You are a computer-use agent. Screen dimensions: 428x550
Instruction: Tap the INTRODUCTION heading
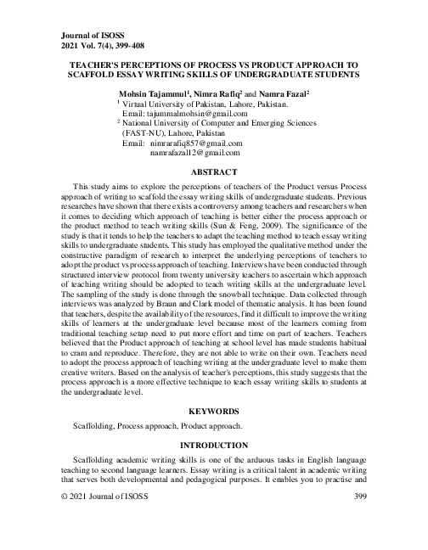click(214, 445)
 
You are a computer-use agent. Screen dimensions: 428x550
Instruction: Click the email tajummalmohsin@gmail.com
click(175, 114)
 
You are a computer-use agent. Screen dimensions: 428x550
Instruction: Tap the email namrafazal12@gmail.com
click(194, 153)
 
